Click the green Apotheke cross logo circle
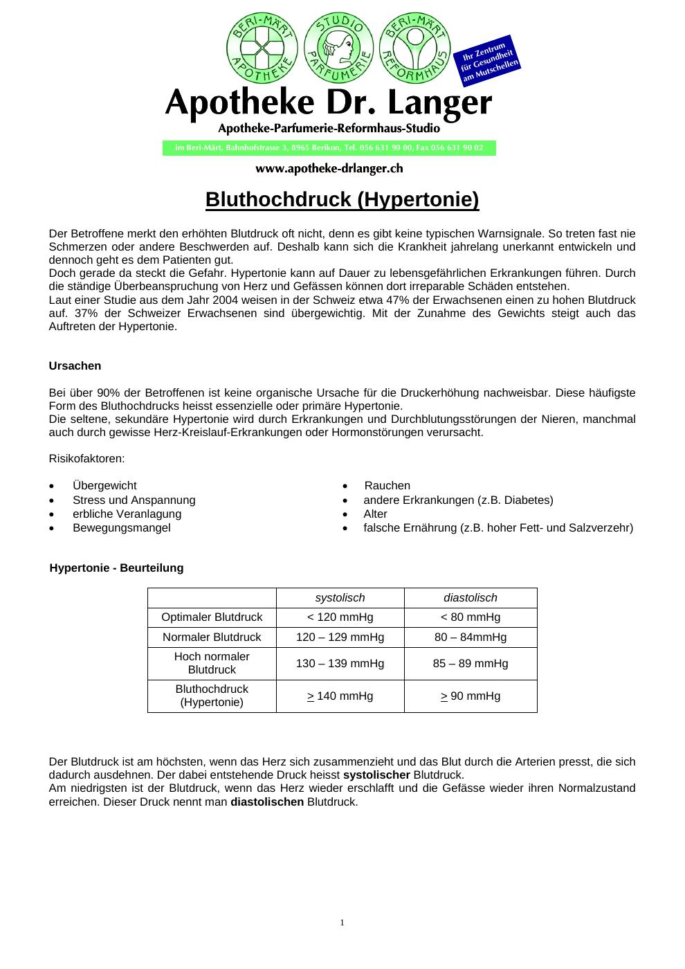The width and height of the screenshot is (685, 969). (262, 48)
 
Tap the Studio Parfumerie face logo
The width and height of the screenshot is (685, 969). (338, 48)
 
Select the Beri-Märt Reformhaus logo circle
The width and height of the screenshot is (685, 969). (415, 48)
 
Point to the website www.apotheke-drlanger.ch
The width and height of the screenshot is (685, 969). (329, 168)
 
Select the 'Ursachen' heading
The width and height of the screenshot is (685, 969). (75, 365)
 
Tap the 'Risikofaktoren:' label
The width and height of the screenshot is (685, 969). (86, 458)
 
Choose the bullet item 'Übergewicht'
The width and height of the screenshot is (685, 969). (104, 486)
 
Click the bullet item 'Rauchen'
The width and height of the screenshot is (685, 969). (387, 486)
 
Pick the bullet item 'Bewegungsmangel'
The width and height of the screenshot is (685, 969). (121, 527)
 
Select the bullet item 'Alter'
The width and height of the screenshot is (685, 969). (375, 514)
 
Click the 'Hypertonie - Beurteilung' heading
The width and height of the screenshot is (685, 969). (116, 568)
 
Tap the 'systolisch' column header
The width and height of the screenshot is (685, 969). (340, 598)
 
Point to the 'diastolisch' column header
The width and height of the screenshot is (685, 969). (471, 598)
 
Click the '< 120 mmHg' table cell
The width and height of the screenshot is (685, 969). (340, 617)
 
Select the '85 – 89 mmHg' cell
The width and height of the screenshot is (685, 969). (471, 663)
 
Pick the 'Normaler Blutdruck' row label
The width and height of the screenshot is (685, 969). (212, 637)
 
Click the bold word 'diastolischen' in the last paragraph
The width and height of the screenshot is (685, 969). (267, 802)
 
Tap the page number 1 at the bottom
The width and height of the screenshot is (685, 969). (342, 923)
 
